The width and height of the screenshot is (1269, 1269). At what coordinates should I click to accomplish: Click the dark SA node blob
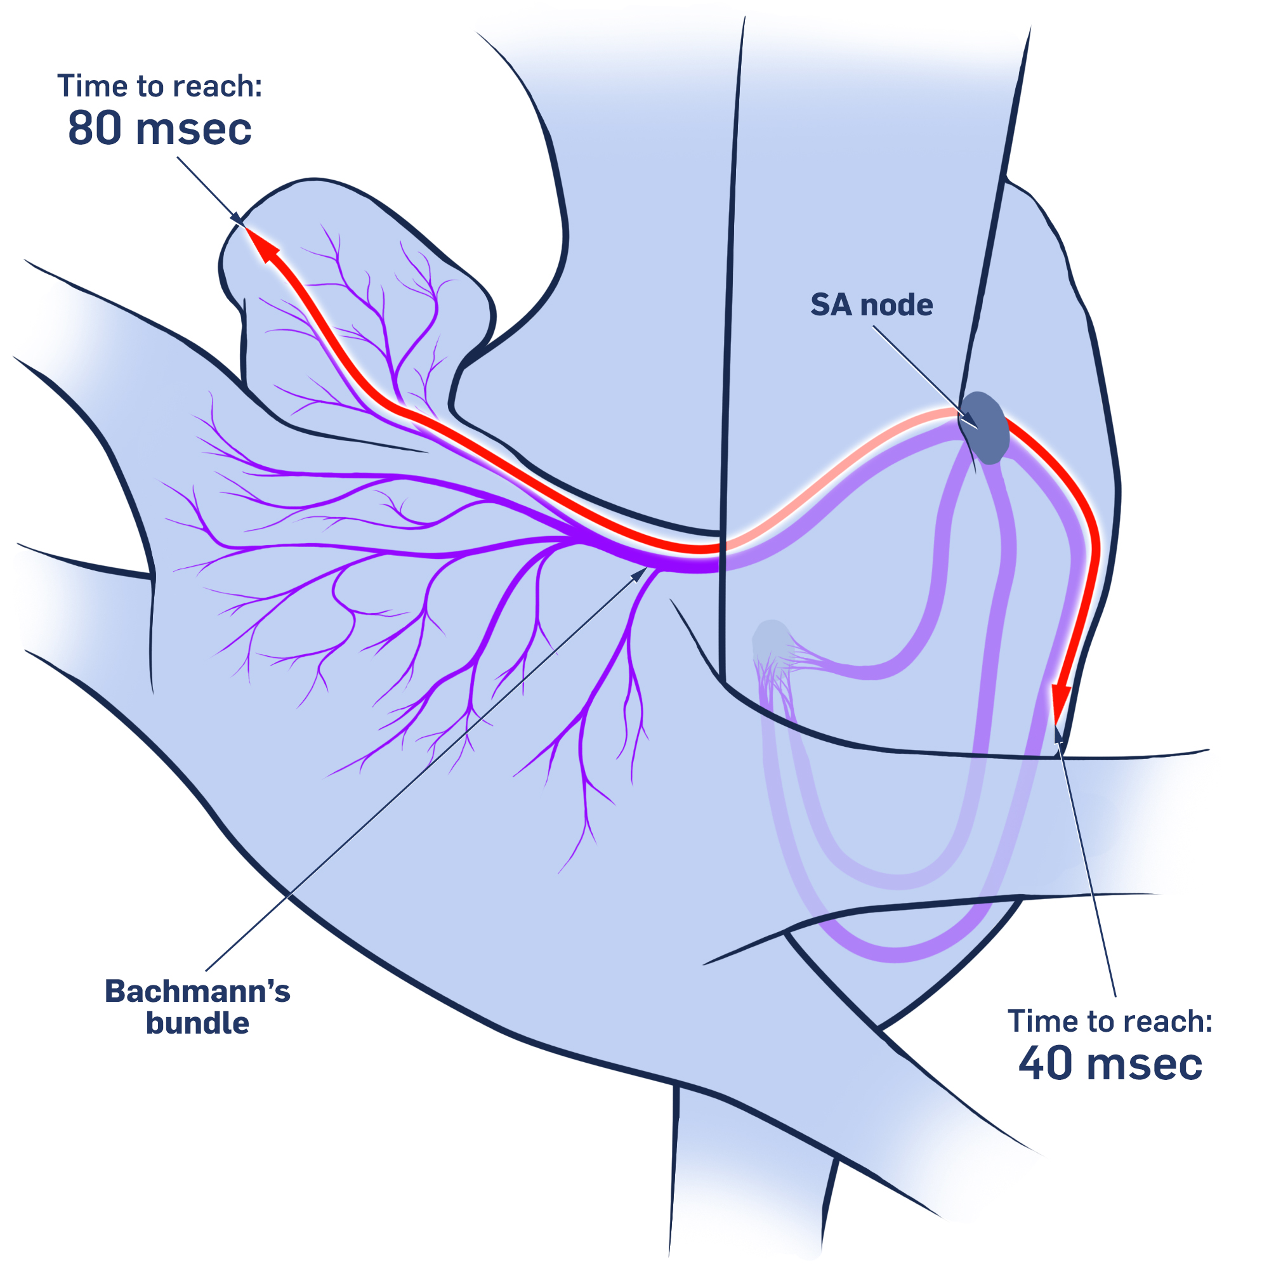point(983,428)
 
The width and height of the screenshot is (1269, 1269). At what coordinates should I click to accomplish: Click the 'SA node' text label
point(871,305)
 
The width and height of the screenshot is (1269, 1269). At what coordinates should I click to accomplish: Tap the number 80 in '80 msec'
point(95,128)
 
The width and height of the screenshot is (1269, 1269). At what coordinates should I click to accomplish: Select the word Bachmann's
point(197,991)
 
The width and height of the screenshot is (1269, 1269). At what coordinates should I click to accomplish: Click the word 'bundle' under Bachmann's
point(197,1023)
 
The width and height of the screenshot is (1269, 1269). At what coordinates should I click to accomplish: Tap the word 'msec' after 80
point(194,128)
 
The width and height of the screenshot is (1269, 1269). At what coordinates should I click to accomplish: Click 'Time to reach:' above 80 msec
point(160,86)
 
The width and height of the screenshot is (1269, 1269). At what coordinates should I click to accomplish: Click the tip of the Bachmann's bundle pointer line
point(645,570)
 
